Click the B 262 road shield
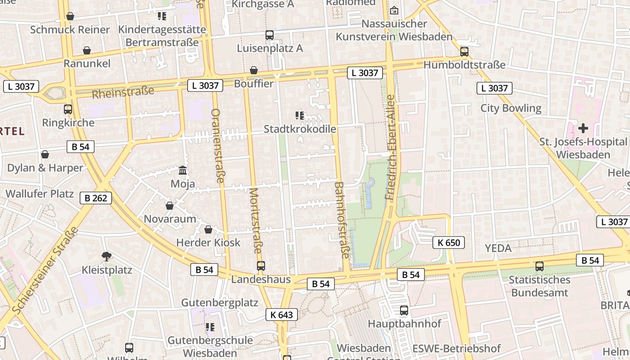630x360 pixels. coord(95,198)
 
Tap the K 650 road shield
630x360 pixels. coord(448,243)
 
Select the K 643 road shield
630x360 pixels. coord(282,315)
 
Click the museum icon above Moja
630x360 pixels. coord(183,171)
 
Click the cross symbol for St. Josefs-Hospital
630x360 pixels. coord(583,128)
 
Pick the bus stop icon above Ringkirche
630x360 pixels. coord(68,109)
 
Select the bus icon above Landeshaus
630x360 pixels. coord(261,266)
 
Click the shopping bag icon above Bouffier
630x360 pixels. coord(254,71)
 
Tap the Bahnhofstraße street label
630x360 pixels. coord(342,220)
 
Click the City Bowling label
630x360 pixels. coord(511,108)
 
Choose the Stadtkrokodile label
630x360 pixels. coord(300,129)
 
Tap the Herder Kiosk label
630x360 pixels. coord(208,243)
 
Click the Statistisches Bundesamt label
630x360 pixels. coord(539,286)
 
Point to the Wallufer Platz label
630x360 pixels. coord(40,194)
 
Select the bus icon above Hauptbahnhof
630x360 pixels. coord(404,310)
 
